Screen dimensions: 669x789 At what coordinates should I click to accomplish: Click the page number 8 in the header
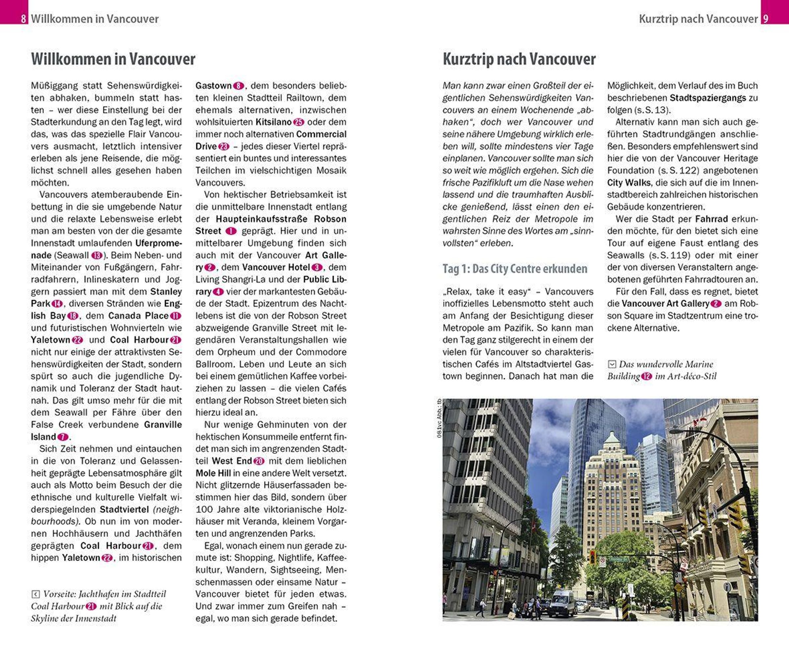(x=23, y=18)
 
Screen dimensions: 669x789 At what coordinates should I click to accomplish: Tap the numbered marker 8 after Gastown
(x=238, y=86)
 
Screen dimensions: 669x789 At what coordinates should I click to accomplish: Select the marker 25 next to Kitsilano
(x=299, y=122)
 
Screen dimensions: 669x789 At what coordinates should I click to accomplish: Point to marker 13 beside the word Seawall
(x=97, y=255)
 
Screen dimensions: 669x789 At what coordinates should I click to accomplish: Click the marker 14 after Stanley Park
(x=57, y=304)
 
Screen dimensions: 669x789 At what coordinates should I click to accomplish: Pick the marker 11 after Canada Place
(x=176, y=316)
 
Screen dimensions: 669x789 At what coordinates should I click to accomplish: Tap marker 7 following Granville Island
(x=62, y=437)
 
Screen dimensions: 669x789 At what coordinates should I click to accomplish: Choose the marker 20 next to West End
(x=259, y=461)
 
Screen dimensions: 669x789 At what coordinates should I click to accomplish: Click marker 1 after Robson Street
(x=231, y=231)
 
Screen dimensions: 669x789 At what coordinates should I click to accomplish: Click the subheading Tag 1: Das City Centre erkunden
(x=514, y=269)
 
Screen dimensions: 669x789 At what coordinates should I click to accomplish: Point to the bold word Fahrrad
(x=711, y=219)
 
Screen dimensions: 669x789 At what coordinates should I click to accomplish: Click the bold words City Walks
(x=629, y=183)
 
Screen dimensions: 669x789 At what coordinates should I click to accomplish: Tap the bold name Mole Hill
(x=213, y=473)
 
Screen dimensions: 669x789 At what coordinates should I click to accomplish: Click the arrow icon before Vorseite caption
(x=36, y=594)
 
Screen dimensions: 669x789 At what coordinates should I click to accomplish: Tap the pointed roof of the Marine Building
(x=610, y=437)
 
